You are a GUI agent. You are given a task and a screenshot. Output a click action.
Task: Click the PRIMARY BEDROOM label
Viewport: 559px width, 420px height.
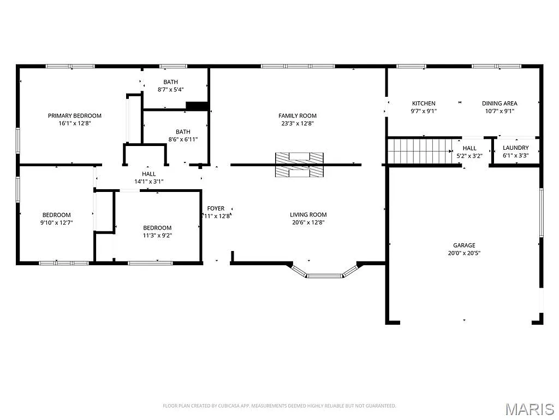(x=75, y=115)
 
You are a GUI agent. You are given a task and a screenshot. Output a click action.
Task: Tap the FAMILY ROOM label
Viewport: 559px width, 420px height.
(x=298, y=115)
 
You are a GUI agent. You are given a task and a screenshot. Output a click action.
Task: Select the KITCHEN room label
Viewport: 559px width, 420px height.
(x=424, y=103)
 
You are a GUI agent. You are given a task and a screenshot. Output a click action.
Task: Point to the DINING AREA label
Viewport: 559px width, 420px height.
(x=499, y=103)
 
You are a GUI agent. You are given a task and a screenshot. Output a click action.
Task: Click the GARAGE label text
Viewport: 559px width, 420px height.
(x=464, y=246)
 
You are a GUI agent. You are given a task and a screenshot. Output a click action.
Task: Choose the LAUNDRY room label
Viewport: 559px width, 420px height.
(x=515, y=148)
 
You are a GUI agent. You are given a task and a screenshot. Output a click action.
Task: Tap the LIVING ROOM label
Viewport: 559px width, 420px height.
(x=308, y=215)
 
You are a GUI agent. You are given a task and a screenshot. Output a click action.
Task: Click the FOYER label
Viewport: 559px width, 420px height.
(x=216, y=208)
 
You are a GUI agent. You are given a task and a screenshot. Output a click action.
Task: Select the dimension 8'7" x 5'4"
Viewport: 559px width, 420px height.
(x=170, y=90)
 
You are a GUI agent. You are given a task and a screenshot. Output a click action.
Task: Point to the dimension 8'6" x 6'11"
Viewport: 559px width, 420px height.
(x=183, y=139)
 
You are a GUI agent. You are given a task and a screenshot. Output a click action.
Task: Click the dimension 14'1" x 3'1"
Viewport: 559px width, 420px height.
(x=149, y=182)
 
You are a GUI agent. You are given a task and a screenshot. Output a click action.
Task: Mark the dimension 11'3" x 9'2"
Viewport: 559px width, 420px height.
(x=157, y=235)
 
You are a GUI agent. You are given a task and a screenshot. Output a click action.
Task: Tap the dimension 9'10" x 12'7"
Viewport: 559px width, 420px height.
(x=57, y=223)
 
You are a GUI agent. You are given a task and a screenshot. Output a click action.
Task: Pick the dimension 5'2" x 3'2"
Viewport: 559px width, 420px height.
(x=469, y=155)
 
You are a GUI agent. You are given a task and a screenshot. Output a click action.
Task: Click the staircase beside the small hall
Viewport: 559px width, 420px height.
(x=419, y=150)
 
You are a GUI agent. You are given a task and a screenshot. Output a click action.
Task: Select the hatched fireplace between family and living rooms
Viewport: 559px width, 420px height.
(x=299, y=165)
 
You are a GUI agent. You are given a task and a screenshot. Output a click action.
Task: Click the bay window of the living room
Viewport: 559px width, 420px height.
(x=325, y=272)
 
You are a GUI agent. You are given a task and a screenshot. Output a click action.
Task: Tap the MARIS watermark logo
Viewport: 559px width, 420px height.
(x=530, y=409)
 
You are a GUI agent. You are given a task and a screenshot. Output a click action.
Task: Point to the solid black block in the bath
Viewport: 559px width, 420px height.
(x=197, y=106)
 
